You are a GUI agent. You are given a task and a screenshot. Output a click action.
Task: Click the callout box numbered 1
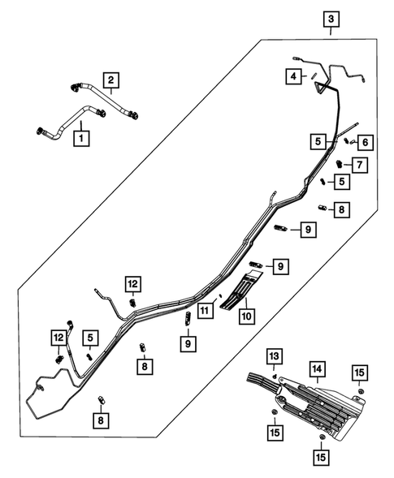[80, 138]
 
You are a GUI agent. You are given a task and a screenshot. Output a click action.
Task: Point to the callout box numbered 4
[291, 76]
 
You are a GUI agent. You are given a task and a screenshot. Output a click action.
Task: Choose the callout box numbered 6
[366, 143]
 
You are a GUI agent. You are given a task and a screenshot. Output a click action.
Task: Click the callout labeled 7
[359, 165]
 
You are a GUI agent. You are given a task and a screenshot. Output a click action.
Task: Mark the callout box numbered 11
[209, 310]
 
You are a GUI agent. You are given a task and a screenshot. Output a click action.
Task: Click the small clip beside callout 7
[341, 166]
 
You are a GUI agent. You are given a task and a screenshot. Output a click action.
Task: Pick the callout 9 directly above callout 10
[279, 266]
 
